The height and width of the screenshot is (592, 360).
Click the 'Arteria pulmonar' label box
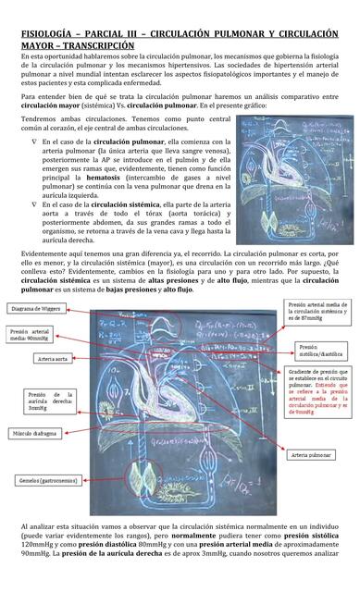click(311, 456)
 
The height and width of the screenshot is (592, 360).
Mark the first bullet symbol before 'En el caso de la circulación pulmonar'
click(35, 142)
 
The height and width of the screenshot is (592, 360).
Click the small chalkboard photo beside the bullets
click(286, 189)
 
